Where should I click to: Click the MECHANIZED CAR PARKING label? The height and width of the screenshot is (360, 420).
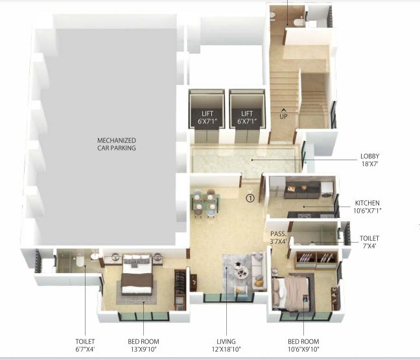(x=117, y=143)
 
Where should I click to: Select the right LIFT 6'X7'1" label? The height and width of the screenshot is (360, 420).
(x=246, y=117)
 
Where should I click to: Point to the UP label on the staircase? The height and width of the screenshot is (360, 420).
(x=283, y=117)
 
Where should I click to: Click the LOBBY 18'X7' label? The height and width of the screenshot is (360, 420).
(x=370, y=160)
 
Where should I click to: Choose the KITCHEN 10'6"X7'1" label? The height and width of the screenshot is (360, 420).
(x=367, y=206)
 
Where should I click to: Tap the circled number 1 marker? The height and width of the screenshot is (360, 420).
(x=250, y=198)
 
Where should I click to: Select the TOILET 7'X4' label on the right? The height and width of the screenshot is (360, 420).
(x=369, y=242)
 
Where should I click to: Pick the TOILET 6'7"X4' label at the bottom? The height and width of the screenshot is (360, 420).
(x=85, y=345)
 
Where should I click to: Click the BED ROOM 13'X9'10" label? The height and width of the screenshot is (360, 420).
(x=144, y=345)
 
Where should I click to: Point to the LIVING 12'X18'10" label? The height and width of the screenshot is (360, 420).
(x=226, y=345)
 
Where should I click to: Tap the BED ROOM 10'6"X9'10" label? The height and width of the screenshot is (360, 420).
(x=305, y=345)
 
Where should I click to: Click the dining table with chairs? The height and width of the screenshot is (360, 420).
(x=205, y=203)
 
